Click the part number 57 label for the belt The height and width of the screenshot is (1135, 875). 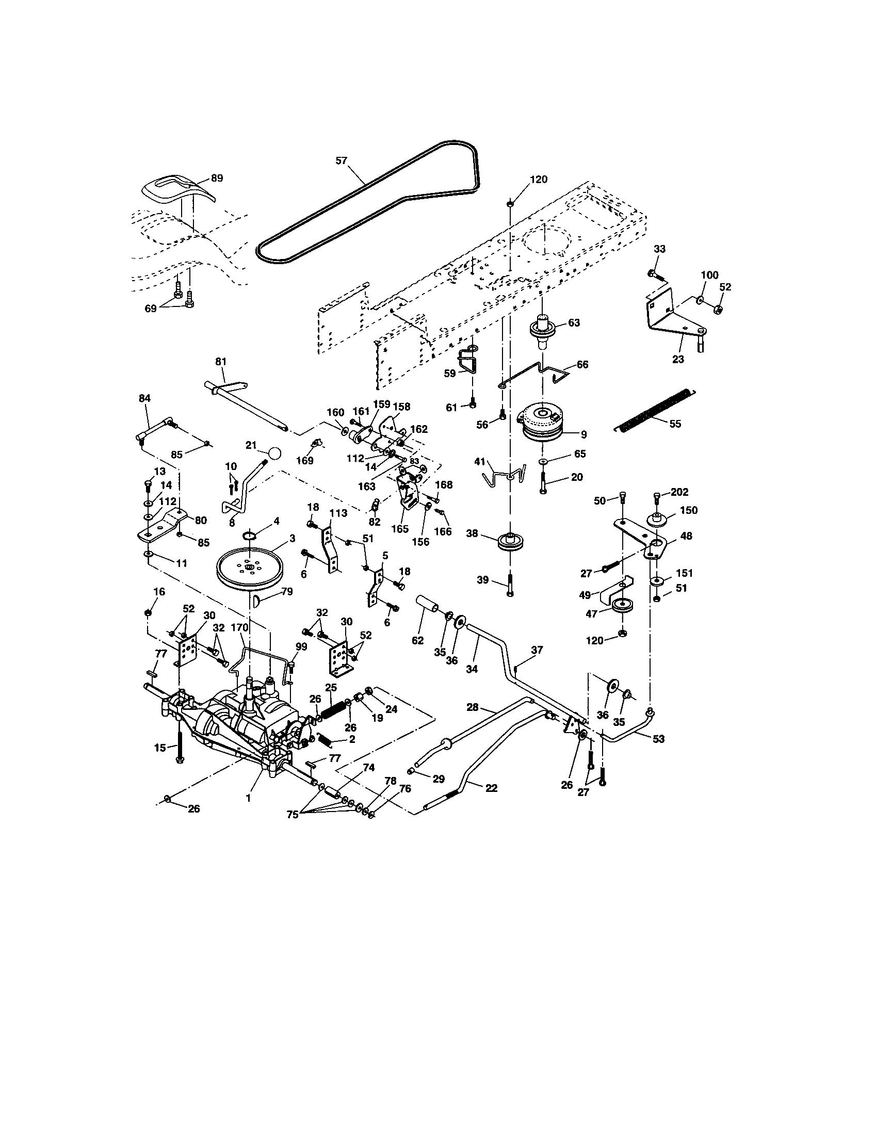pyautogui.click(x=341, y=160)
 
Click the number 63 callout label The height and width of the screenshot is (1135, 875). pyautogui.click(x=574, y=323)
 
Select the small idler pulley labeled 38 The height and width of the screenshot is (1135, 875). pyautogui.click(x=510, y=542)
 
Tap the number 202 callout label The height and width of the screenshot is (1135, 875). pyautogui.click(x=679, y=492)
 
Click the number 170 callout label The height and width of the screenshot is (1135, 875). pyautogui.click(x=239, y=627)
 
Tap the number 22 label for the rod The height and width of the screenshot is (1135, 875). pyautogui.click(x=491, y=788)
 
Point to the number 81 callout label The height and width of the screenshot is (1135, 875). pyautogui.click(x=221, y=361)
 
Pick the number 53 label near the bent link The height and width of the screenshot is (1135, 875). pyautogui.click(x=658, y=739)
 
